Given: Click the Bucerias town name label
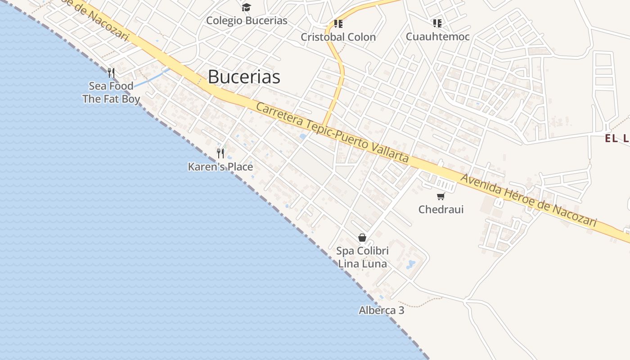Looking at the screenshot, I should tap(244, 77).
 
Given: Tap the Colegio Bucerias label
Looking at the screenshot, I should tap(247, 21).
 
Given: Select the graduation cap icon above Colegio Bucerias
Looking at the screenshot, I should tap(246, 7).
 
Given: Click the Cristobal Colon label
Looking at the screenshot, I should tap(338, 37).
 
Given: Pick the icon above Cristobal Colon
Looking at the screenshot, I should tap(338, 23).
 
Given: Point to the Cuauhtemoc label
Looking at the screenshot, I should tap(437, 36).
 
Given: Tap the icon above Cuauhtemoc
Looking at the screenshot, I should tap(437, 23).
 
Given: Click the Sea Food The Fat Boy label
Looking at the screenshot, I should tap(111, 92).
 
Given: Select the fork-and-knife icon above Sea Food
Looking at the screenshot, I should tap(111, 72).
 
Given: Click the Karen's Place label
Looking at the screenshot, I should tap(220, 167).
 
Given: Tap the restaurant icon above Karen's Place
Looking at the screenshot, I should tap(220, 153).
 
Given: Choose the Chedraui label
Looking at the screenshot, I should tap(441, 209).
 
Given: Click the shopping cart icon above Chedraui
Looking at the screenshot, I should tap(441, 196).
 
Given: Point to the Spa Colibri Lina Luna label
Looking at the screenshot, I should tap(362, 257).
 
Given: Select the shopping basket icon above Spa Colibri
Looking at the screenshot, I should tap(362, 238).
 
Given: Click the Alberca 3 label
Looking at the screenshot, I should tap(381, 310).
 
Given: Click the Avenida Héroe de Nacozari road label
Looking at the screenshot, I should tap(529, 200).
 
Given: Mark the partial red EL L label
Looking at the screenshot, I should tap(617, 139).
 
